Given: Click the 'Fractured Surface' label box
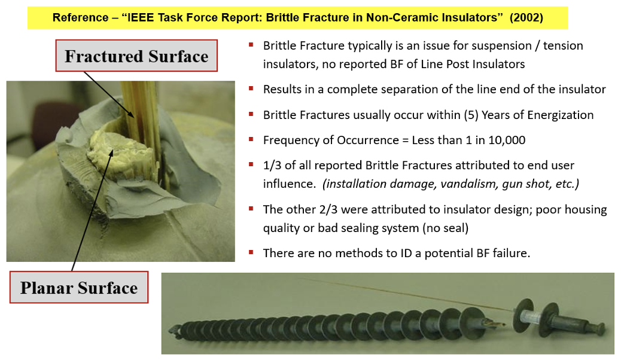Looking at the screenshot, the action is click(136, 56).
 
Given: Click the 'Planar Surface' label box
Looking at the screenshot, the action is click(79, 287).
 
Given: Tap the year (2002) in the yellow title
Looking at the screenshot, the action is click(526, 18).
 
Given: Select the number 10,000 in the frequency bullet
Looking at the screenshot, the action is click(507, 140).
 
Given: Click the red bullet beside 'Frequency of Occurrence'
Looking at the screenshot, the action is click(251, 139).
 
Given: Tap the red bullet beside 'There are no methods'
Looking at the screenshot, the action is click(251, 252).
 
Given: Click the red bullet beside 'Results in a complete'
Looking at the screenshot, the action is click(251, 89).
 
